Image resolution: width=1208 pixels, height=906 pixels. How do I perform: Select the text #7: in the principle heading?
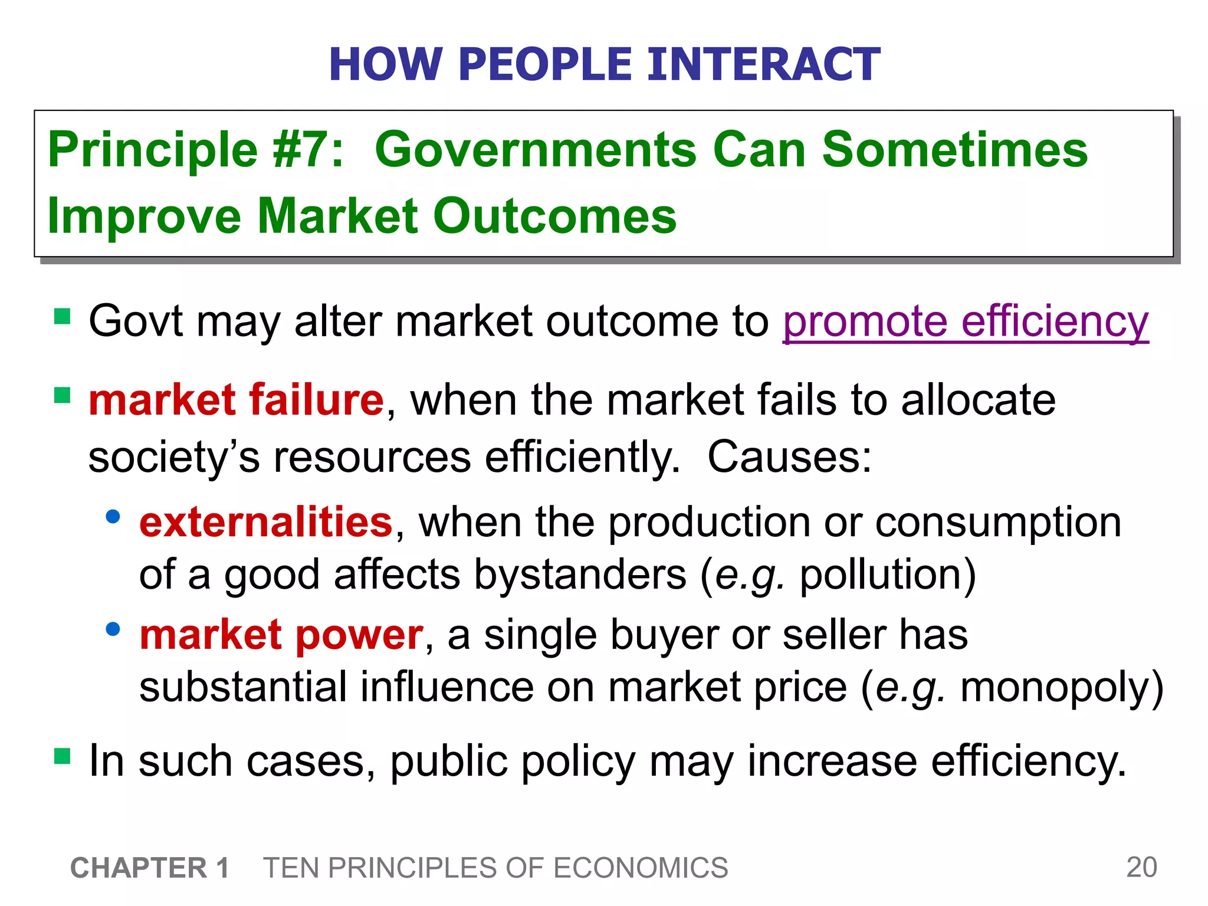(x=308, y=150)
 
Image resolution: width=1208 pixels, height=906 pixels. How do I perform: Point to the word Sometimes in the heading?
(x=954, y=150)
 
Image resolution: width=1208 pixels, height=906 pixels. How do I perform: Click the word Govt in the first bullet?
(x=135, y=321)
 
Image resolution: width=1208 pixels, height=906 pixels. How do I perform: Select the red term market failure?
(x=236, y=400)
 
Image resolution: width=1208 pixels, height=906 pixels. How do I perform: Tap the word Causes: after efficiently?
(x=789, y=457)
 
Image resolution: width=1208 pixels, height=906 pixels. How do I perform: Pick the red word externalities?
(x=266, y=522)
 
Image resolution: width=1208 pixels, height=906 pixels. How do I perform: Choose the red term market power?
(x=281, y=635)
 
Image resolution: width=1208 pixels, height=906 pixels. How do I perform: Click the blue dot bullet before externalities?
(x=113, y=517)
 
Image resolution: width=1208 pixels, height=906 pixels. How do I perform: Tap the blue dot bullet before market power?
(x=113, y=629)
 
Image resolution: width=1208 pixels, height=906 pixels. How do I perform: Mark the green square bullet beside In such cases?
(x=62, y=756)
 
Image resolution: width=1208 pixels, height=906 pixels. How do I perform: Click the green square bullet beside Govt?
(x=62, y=317)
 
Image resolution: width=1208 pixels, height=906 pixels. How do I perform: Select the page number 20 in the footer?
(x=1141, y=867)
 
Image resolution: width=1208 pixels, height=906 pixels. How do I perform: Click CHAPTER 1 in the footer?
(x=150, y=868)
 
